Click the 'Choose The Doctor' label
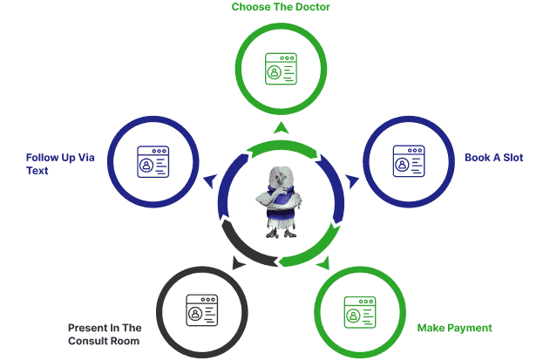[x=281, y=7]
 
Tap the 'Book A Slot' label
[x=494, y=158]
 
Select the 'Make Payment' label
[x=455, y=328]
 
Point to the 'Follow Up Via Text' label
[x=60, y=164]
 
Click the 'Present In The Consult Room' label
[x=105, y=335]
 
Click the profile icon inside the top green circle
[x=281, y=69]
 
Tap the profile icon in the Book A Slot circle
[x=409, y=161]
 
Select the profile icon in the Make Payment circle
[x=360, y=312]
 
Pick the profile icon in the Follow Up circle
[x=153, y=162]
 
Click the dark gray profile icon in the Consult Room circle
[x=201, y=310]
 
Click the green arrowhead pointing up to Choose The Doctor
[x=281, y=128]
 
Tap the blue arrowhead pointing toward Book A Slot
[x=353, y=181]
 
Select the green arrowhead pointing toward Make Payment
[x=324, y=263]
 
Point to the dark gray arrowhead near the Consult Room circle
[x=239, y=262]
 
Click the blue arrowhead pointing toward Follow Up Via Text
[x=210, y=181]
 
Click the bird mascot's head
[x=281, y=177]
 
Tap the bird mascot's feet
[x=282, y=233]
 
